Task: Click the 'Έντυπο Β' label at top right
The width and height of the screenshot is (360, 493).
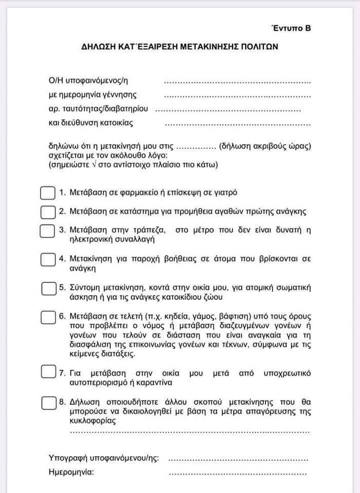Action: tap(291, 28)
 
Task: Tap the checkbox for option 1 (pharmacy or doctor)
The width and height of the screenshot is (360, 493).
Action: tap(47, 193)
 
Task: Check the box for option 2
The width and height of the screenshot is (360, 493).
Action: tap(47, 212)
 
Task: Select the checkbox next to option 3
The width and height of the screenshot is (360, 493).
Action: tap(47, 231)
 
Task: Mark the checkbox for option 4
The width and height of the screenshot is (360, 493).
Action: tap(47, 260)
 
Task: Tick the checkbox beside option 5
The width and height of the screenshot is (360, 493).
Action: tap(47, 288)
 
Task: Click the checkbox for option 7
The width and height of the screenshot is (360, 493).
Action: tap(47, 370)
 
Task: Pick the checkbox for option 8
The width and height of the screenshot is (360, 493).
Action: tap(47, 403)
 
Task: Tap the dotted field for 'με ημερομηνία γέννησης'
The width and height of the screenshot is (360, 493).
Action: tap(237, 96)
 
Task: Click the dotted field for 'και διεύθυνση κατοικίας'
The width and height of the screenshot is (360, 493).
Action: tap(237, 124)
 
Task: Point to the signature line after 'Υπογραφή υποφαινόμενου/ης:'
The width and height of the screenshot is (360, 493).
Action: tap(237, 458)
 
